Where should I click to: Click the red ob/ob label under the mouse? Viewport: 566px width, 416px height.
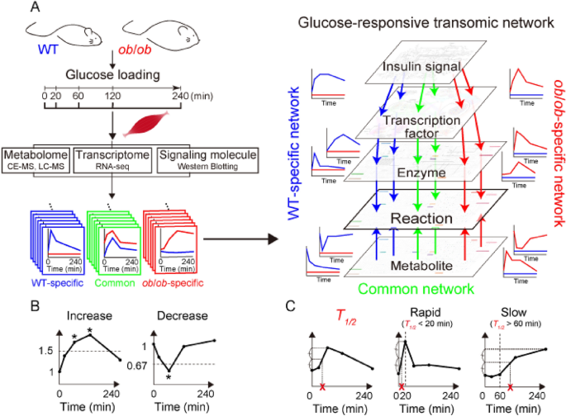pyautogui.click(x=130, y=61)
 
